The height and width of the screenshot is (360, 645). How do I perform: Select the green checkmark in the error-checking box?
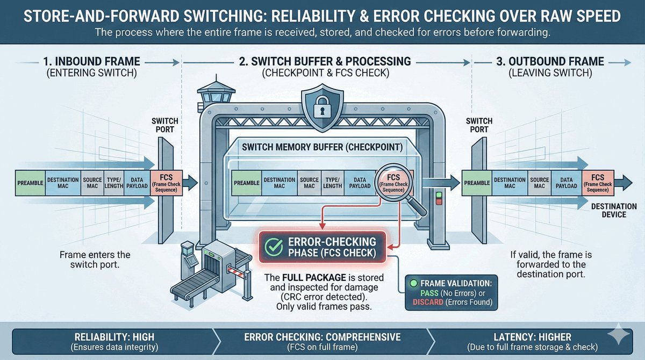coord(275,248)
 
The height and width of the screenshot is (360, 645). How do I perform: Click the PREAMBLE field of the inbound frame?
coord(31,183)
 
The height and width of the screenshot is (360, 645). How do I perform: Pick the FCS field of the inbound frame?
coord(166,183)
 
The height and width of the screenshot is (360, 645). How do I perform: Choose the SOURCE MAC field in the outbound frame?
coord(539,183)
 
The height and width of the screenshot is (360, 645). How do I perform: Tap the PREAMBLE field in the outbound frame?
coord(477,183)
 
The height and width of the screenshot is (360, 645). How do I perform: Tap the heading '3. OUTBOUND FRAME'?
coord(550,61)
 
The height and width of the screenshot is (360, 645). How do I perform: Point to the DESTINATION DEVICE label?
coord(613,211)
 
